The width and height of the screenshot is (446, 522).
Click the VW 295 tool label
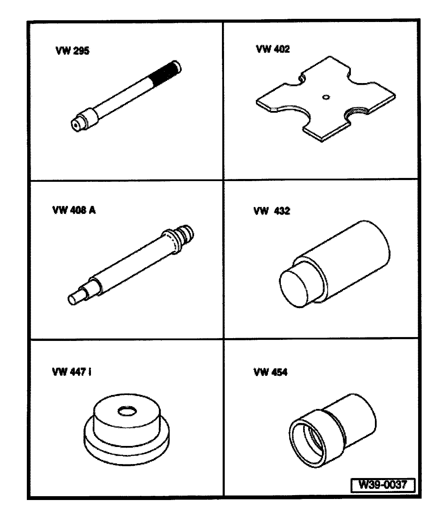pos(72,51)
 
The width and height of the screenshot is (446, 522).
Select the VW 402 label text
pos(273,49)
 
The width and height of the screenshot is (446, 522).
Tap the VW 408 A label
pos(74,210)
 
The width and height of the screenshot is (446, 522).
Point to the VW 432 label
pos(272,211)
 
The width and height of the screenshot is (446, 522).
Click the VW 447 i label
pos(71,372)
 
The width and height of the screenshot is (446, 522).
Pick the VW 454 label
pos(270,372)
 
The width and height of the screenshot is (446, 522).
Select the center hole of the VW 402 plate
pos(326,97)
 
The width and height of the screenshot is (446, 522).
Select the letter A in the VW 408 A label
pos(92,210)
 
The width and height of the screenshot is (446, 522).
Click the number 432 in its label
pos(282,211)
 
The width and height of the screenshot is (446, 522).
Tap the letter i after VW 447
pos(90,372)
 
